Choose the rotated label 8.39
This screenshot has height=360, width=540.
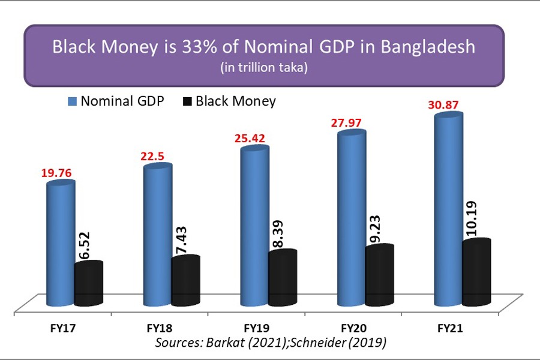[x=282, y=231]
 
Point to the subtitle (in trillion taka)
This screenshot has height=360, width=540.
[x=264, y=68]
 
